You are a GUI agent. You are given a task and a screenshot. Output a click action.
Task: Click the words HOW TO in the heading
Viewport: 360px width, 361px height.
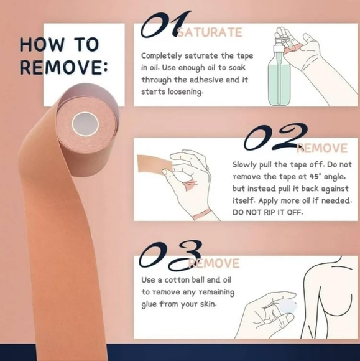click(58, 45)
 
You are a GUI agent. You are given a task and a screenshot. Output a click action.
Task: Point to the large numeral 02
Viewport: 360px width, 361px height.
click(274, 138)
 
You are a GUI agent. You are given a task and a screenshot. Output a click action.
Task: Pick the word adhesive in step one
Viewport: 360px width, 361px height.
click(217, 79)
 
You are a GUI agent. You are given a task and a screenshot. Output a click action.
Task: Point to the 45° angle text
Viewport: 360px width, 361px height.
click(323, 176)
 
